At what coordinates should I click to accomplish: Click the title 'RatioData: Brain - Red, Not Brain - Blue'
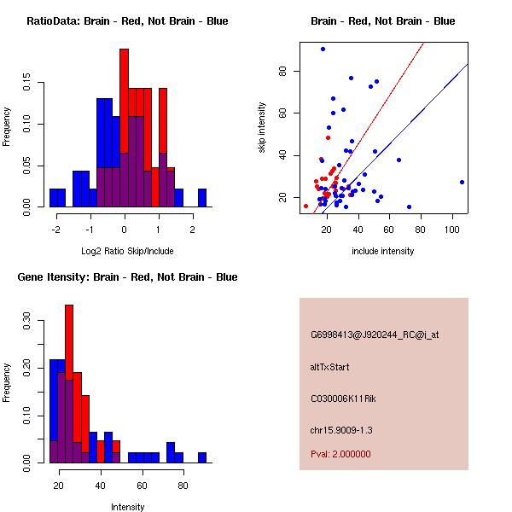127,21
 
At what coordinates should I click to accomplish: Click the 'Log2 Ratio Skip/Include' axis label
125,250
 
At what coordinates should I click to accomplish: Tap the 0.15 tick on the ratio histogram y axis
29,84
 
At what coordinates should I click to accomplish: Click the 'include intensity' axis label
383,251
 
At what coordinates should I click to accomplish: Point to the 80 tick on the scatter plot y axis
284,71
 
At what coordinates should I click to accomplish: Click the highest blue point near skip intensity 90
323,49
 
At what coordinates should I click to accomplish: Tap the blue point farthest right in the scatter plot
462,182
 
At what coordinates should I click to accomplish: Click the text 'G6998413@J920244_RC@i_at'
375,335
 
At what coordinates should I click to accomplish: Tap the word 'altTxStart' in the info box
330,367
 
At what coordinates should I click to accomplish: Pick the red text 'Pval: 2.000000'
340,454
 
